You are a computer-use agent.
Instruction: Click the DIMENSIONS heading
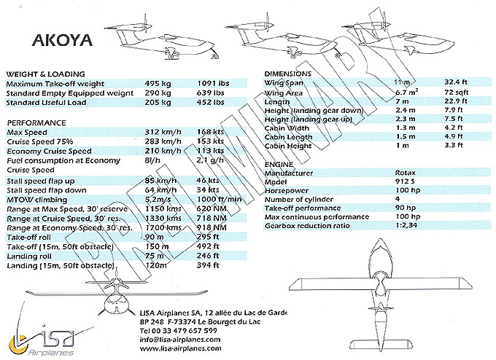[289, 74]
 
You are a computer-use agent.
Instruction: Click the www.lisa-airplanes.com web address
[182, 348]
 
